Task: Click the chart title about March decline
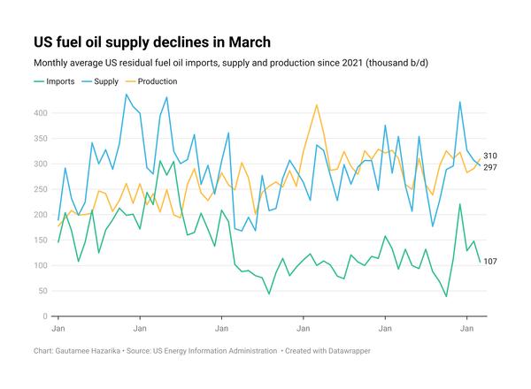click(x=151, y=42)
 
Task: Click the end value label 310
click(x=490, y=156)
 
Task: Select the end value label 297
click(x=490, y=167)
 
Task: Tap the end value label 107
click(x=490, y=262)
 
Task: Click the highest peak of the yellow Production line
click(x=316, y=105)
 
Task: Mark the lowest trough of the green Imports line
click(x=446, y=296)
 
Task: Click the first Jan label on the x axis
click(x=58, y=328)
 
